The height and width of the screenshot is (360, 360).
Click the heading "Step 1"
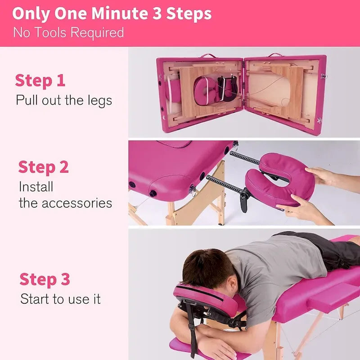40,81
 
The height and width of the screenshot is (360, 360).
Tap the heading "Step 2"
43,167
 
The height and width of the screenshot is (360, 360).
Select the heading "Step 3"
45,279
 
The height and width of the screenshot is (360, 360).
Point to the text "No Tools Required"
68,32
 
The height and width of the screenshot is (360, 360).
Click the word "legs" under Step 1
99,100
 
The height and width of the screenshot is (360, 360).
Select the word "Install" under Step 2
36,186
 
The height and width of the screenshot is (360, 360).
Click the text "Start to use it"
60,299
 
